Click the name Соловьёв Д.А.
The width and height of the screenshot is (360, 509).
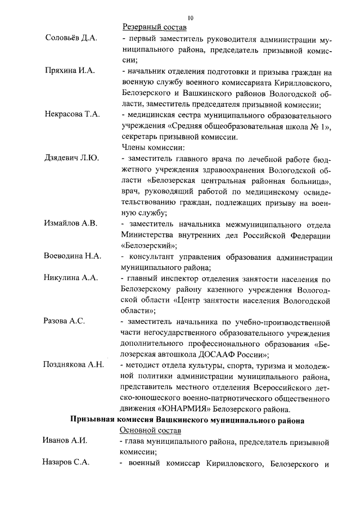(71, 38)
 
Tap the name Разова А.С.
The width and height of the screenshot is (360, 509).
(64, 321)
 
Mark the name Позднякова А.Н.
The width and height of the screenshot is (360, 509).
(74, 364)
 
